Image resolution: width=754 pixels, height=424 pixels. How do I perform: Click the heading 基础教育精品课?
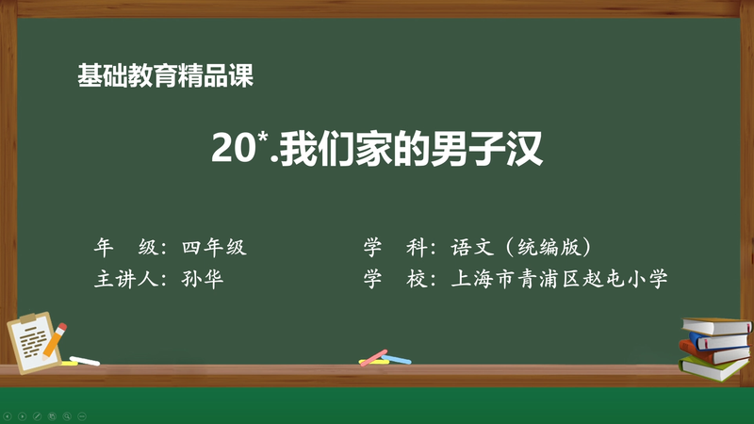(166, 75)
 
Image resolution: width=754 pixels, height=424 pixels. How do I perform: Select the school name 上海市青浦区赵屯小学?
(561, 279)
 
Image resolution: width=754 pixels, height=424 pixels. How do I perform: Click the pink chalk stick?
(373, 357)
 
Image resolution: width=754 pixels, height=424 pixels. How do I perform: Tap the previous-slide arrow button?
(8, 415)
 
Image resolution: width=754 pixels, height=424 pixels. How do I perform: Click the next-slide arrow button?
(23, 415)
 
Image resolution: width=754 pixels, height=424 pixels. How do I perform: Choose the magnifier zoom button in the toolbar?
(67, 415)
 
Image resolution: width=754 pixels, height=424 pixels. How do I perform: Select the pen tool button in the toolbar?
(38, 415)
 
